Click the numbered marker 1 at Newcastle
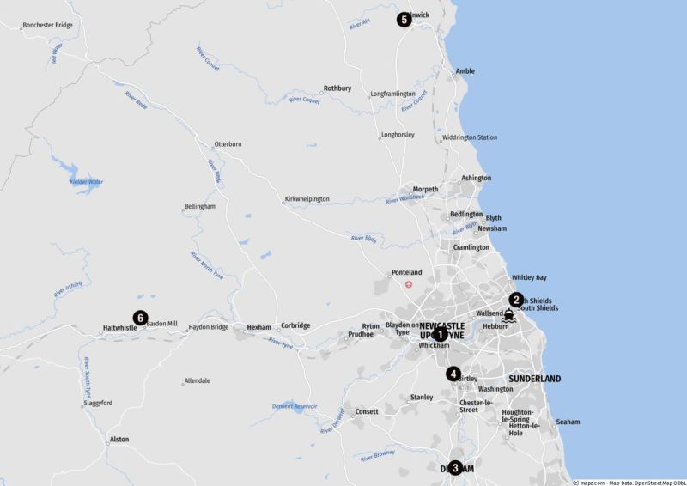[x=440, y=334]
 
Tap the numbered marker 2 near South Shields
[x=516, y=300]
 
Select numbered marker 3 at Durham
[x=455, y=468]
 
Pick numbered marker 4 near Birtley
[x=453, y=374]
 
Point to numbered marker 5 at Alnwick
[x=404, y=20]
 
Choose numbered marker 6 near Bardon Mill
[x=139, y=317]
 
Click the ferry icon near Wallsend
[x=509, y=316]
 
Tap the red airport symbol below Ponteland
[x=409, y=284]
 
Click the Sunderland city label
[x=534, y=379]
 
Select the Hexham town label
[x=258, y=327]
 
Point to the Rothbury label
[x=337, y=88]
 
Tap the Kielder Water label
[x=86, y=182]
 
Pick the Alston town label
[x=119, y=440]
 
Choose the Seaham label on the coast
[x=568, y=422]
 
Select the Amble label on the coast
[x=465, y=71]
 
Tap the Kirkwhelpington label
[x=307, y=199]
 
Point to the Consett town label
[x=367, y=412]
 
